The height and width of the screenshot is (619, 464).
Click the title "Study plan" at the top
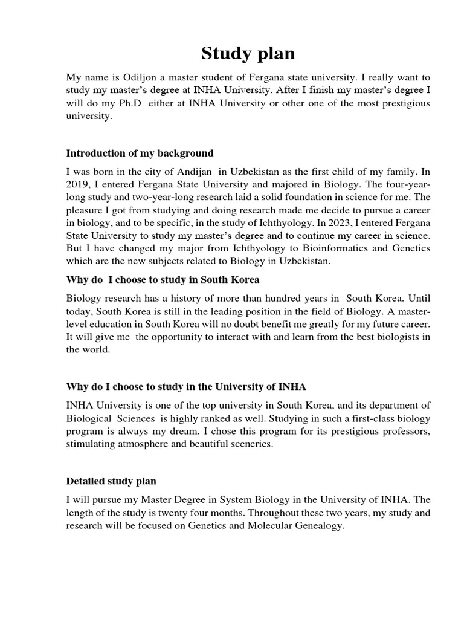[x=248, y=54]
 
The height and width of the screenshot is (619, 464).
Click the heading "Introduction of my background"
[x=140, y=153]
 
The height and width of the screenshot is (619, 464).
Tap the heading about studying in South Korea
[x=163, y=280]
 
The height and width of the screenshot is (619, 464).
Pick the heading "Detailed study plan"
[x=111, y=481]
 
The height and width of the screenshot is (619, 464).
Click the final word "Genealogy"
[x=319, y=527]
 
